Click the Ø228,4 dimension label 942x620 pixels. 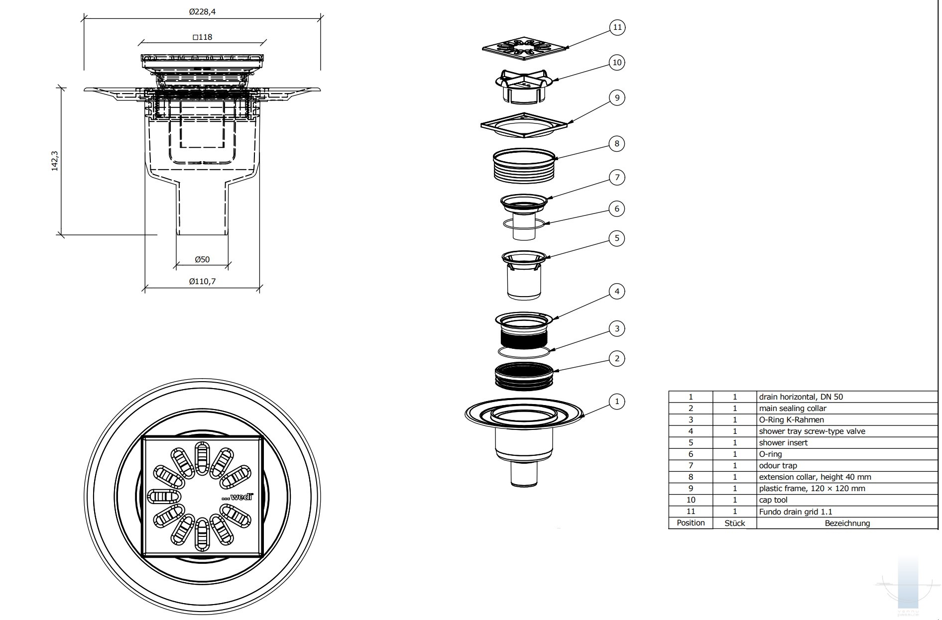pos(202,12)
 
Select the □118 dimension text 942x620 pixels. pos(202,37)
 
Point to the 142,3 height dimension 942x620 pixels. pos(55,161)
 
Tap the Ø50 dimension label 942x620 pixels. pos(202,259)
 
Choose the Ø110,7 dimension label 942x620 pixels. pos(202,282)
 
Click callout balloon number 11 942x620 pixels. pos(617,27)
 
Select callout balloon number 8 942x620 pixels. pos(617,144)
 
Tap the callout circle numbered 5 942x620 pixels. pos(617,238)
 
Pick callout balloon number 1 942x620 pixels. pos(617,402)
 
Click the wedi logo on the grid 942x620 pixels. pos(238,497)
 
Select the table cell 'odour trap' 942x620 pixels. pos(778,466)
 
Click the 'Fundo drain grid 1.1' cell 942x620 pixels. pos(795,512)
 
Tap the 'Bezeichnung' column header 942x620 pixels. pos(847,523)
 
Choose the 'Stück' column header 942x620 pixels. pos(734,523)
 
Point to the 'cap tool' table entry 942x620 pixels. pos(773,500)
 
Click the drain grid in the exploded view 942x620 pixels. pos(524,48)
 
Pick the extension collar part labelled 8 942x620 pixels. pos(524,166)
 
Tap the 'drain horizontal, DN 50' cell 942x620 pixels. pos(801,397)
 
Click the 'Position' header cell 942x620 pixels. pos(691,523)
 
